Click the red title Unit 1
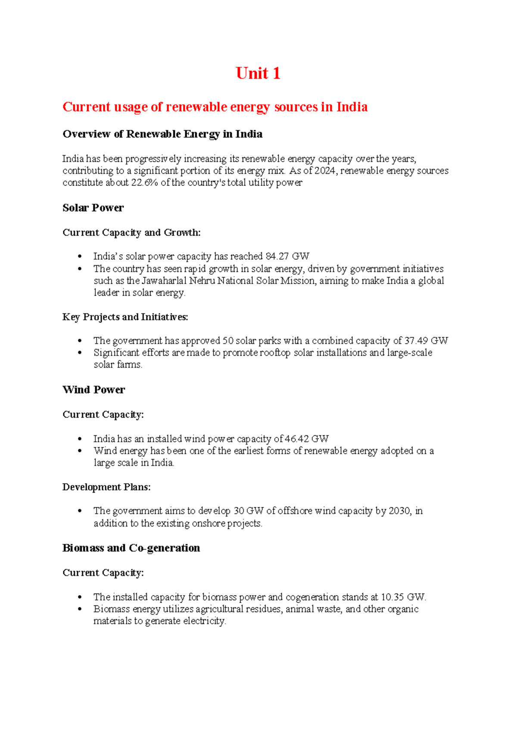[258, 73]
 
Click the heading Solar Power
[93, 208]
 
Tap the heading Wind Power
[93, 390]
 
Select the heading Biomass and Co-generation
[131, 548]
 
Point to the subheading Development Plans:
[106, 487]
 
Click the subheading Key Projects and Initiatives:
[125, 317]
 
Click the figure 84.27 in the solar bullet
[277, 256]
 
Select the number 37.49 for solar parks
[416, 341]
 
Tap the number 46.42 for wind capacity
[297, 439]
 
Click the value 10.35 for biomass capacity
[392, 597]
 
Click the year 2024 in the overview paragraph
[326, 171]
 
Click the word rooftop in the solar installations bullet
[274, 353]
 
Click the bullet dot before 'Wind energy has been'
[80, 451]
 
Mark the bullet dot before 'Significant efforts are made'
[80, 353]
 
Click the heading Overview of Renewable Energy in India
[162, 134]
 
